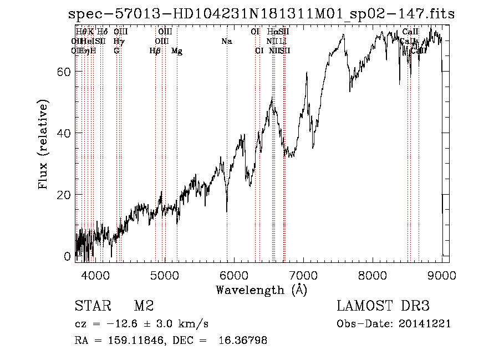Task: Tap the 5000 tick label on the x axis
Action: point(165,274)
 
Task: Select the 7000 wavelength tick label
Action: point(303,274)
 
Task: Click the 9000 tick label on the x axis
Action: point(441,274)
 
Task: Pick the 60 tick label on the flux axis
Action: point(64,72)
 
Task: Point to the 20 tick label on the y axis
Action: point(64,195)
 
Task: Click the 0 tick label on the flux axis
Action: point(68,256)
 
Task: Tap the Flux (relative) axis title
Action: point(43,144)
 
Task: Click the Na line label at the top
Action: point(226,42)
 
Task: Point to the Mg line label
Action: point(177,51)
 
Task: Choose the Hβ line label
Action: point(155,51)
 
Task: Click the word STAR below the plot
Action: point(91,306)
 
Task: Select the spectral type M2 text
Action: point(144,306)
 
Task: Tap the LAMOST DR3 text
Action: point(383,306)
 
